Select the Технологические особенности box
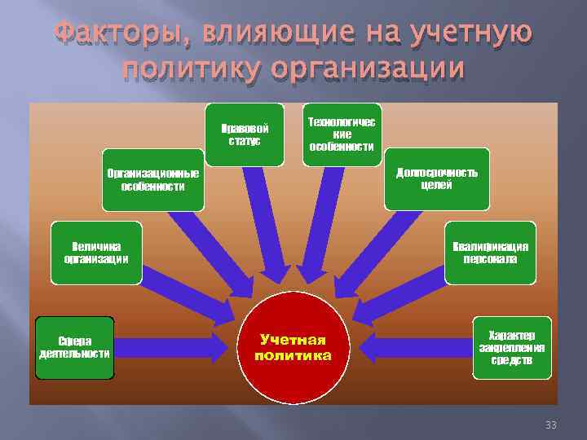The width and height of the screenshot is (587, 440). (x=342, y=133)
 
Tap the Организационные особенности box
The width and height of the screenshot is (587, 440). (x=153, y=179)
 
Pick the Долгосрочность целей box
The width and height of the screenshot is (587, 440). (x=436, y=178)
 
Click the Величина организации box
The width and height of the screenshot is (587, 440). (x=96, y=252)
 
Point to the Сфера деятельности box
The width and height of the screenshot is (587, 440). (x=74, y=347)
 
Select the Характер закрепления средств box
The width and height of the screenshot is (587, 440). (x=511, y=348)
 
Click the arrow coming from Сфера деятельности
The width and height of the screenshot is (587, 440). (x=171, y=349)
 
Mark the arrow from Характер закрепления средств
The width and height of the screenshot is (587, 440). (x=416, y=349)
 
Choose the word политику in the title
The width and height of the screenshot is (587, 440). (x=193, y=68)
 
